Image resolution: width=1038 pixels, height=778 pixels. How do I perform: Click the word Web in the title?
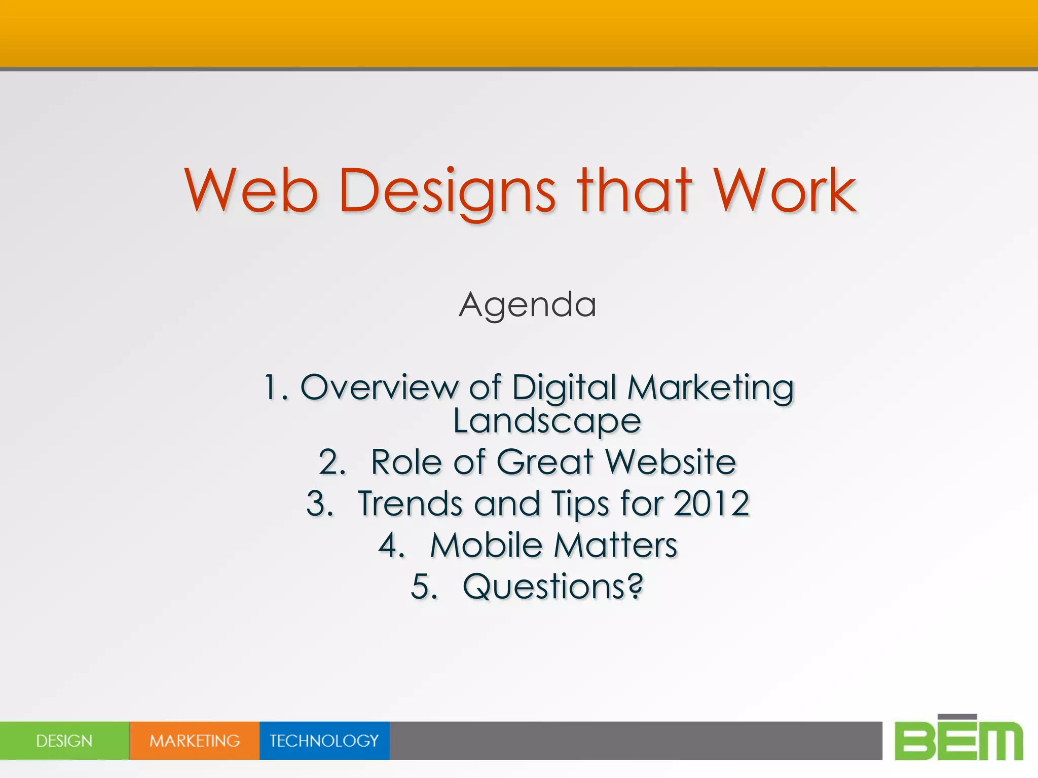click(x=251, y=191)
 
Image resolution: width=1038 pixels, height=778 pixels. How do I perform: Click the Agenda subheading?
click(x=527, y=305)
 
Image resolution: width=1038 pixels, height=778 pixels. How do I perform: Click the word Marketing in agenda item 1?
click(x=710, y=388)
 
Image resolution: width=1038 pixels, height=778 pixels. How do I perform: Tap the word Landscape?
click(x=546, y=421)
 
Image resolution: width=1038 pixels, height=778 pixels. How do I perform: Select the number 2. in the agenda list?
click(x=332, y=462)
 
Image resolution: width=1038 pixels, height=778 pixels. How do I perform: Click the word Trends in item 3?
click(x=410, y=504)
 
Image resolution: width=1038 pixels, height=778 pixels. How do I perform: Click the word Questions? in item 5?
click(x=552, y=587)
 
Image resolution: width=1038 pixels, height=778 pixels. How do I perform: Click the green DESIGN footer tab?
click(x=64, y=741)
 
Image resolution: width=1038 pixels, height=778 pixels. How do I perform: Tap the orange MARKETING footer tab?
click(x=195, y=741)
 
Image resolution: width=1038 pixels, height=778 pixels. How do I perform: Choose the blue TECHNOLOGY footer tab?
click(x=324, y=741)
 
